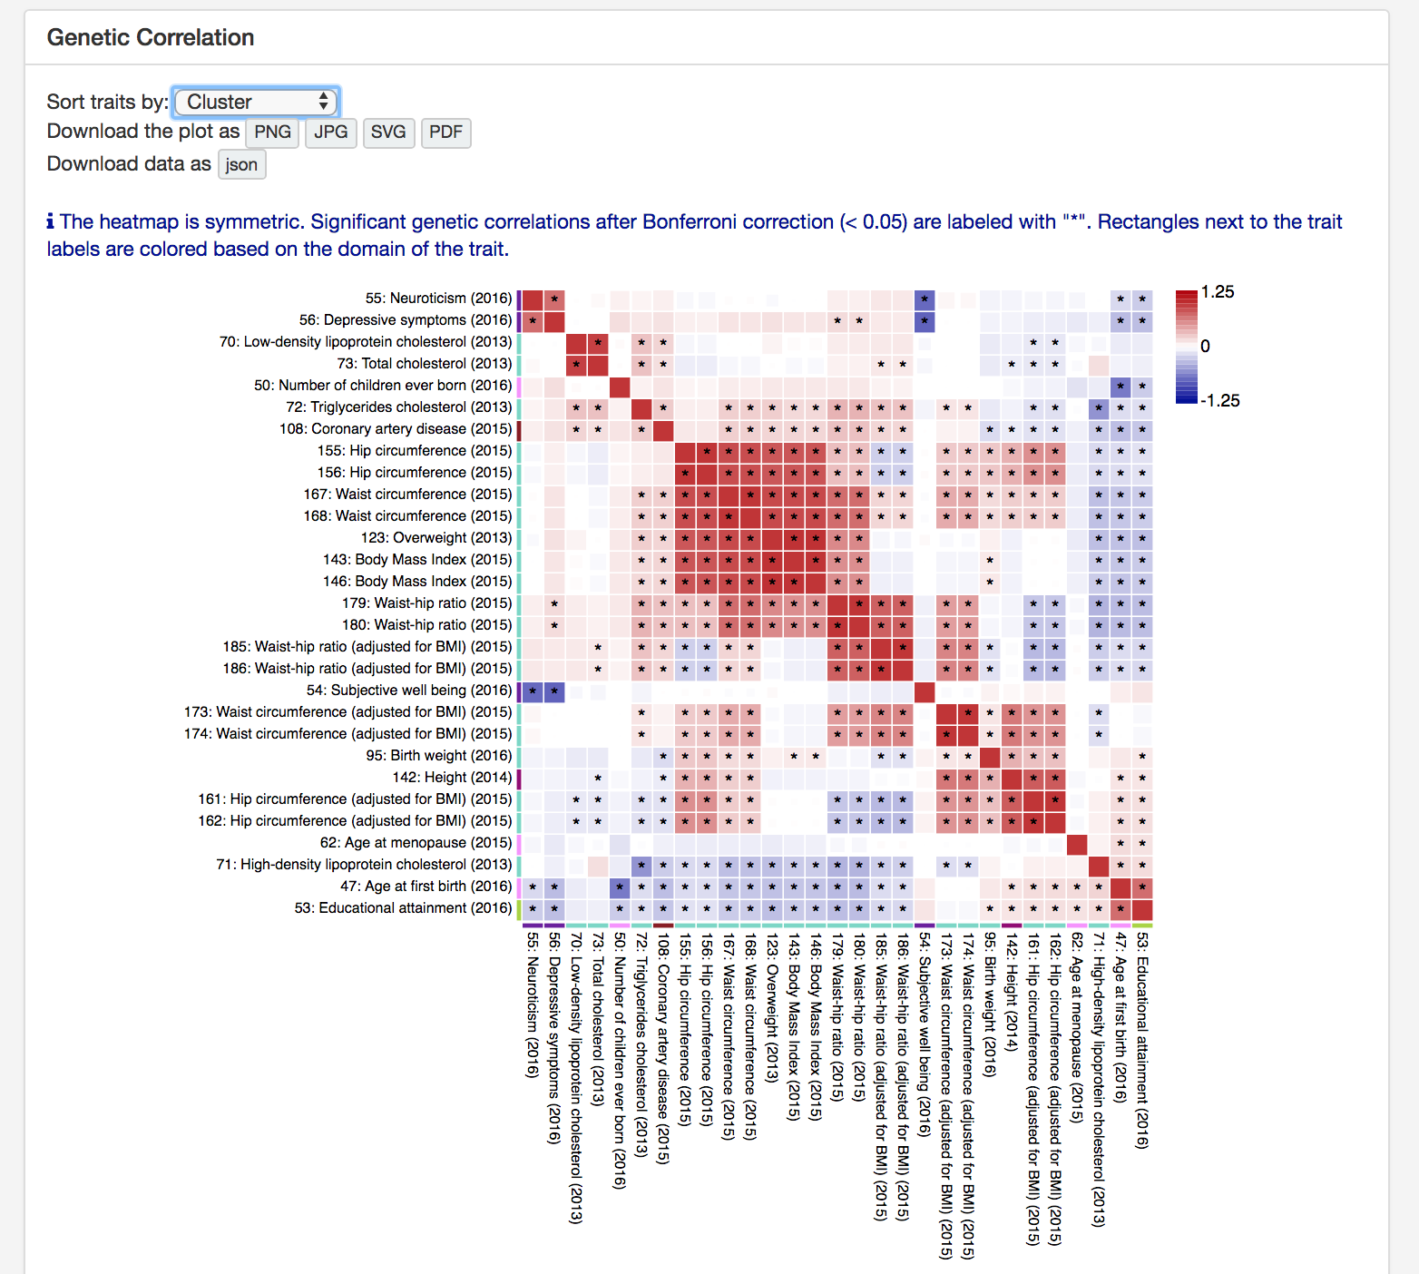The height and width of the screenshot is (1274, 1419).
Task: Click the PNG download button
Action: pos(272,132)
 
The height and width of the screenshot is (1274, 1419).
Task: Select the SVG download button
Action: pos(388,132)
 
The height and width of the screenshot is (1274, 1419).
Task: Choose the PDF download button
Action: pos(445,132)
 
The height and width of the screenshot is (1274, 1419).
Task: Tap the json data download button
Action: pos(241,165)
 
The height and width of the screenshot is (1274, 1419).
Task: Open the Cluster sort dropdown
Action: pos(256,102)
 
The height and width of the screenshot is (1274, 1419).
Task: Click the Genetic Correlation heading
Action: pos(151,37)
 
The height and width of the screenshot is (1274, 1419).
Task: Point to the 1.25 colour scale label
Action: pos(1218,292)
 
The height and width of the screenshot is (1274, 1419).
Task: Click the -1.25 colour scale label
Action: pos(1219,401)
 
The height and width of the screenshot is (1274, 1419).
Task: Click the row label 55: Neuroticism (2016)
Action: pos(438,299)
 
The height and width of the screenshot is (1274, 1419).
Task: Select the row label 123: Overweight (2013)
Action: pos(436,538)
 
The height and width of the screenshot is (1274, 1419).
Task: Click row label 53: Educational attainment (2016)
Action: pos(403,908)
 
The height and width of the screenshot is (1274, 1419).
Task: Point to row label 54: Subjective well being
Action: pos(409,691)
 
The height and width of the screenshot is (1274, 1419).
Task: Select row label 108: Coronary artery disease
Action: pos(396,429)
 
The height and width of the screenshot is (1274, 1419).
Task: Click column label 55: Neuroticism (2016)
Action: pos(533,1004)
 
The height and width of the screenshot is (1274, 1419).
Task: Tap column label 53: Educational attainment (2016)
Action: pos(1142,1040)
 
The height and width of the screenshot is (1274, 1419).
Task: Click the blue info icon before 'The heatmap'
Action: pos(51,222)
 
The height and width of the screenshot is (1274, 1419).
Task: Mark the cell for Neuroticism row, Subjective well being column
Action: pos(925,299)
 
